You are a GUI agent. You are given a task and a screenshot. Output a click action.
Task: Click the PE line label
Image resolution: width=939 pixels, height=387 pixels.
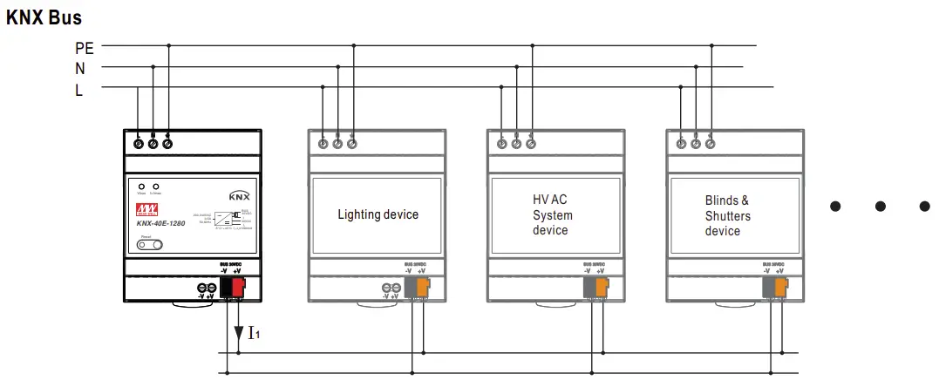point(85,47)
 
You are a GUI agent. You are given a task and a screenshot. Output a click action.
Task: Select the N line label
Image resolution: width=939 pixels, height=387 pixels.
point(79,68)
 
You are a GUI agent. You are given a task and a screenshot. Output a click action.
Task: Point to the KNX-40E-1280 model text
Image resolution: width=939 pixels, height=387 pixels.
point(160,223)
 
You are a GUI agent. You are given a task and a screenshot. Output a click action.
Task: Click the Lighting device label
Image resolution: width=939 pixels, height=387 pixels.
point(378,214)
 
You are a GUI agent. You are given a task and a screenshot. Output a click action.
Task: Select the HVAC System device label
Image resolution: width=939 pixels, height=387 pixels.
point(553,215)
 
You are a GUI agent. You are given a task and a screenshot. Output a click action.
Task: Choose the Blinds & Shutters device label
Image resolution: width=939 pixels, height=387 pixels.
point(727,215)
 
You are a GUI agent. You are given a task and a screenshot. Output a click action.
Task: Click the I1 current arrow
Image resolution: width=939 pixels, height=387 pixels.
point(239,332)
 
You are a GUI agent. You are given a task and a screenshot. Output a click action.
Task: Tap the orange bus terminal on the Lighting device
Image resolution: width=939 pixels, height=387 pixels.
point(423,286)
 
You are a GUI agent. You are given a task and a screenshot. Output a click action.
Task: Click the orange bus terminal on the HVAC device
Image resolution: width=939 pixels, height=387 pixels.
point(602,286)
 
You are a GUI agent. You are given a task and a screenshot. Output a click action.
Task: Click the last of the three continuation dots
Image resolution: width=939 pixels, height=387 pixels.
point(925,207)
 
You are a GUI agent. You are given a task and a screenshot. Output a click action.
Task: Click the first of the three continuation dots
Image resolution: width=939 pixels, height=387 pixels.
point(835,207)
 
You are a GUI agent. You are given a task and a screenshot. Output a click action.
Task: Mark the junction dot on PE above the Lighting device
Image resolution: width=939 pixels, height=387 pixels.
point(352,45)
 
